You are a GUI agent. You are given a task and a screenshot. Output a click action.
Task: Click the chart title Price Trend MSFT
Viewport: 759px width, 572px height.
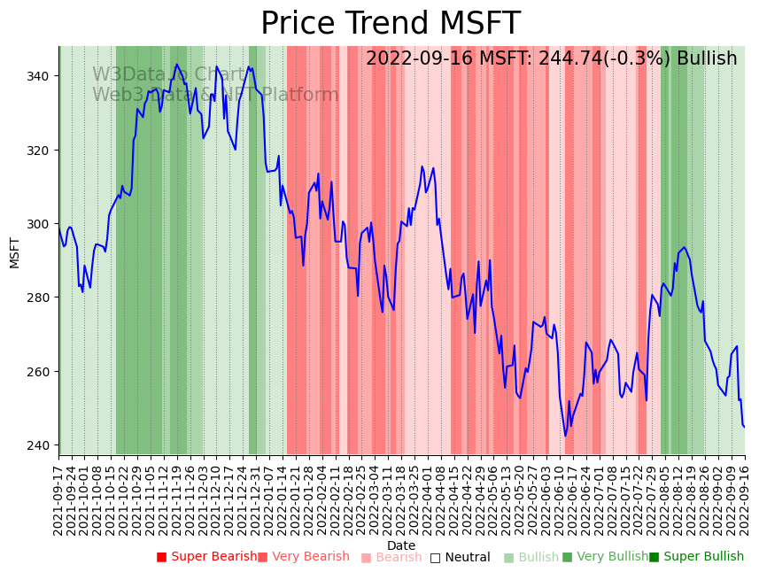click(390, 24)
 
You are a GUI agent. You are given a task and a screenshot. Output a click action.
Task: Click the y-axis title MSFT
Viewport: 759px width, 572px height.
click(15, 252)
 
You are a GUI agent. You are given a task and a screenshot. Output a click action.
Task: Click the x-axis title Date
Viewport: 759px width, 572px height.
click(401, 545)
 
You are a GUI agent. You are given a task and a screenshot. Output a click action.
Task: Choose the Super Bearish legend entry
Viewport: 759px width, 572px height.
click(207, 557)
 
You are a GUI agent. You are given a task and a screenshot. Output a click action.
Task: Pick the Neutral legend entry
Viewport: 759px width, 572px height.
click(461, 558)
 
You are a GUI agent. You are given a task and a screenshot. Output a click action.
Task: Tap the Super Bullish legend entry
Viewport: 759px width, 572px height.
click(697, 557)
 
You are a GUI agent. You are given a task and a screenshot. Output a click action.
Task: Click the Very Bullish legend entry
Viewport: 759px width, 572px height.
click(606, 557)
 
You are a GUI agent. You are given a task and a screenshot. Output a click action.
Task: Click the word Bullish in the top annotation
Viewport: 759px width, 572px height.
click(707, 59)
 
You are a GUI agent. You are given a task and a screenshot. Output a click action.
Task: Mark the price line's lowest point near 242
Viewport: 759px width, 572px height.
click(565, 436)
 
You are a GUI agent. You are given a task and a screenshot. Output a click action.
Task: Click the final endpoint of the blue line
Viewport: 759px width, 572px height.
click(744, 427)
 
